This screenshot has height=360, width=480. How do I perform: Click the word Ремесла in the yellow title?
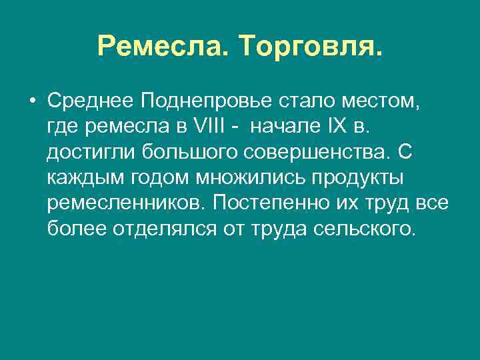[x=163, y=46]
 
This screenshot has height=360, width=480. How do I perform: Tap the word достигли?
[x=91, y=153]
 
